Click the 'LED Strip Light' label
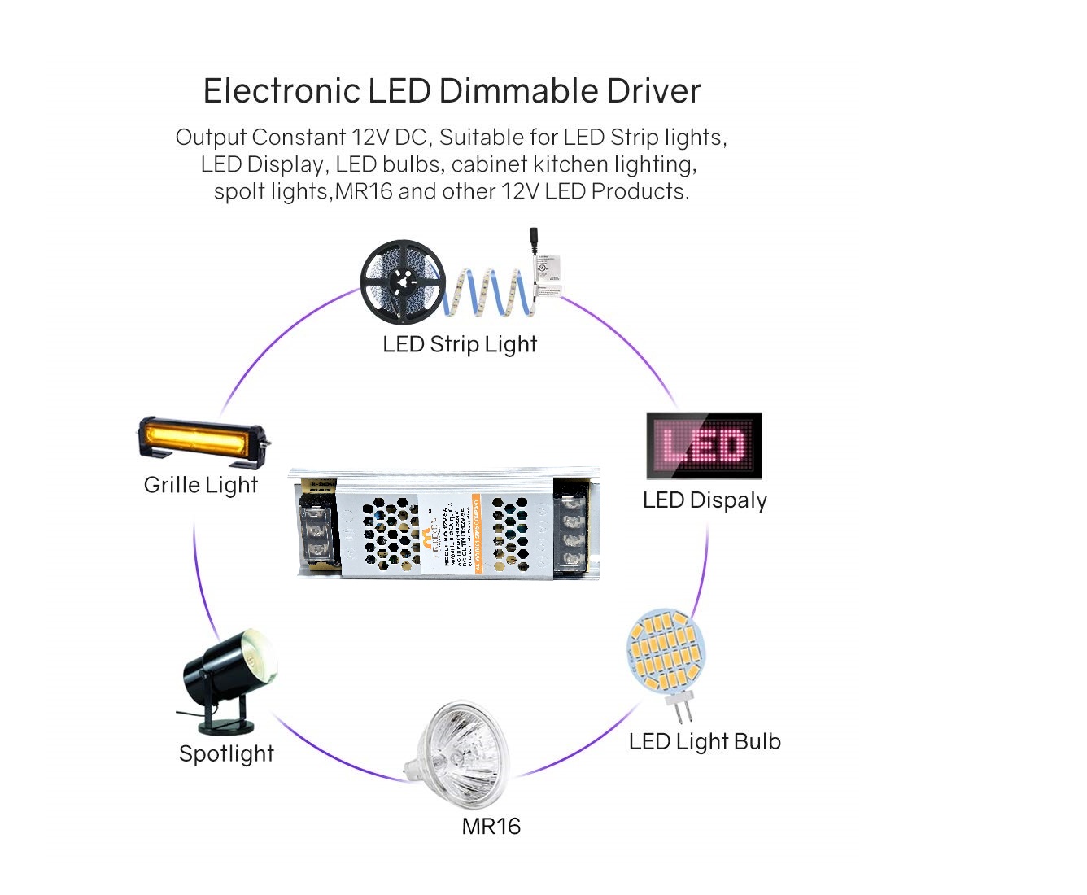pos(460,344)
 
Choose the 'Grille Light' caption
pos(200,485)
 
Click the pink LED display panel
pos(704,446)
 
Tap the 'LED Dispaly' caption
pos(705,500)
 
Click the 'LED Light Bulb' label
pos(705,742)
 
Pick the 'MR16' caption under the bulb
pos(491,827)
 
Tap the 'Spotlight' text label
pos(226,753)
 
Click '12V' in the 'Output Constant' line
pos(371,138)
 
